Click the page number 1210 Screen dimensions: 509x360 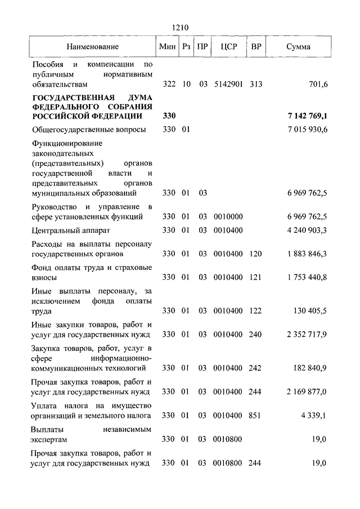(x=181, y=26)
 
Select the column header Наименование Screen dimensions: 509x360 (x=92, y=47)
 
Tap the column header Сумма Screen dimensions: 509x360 (x=298, y=47)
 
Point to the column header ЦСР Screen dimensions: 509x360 (x=228, y=47)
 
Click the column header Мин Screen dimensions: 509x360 (x=168, y=47)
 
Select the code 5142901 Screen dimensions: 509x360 (x=228, y=84)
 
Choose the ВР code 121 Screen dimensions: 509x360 (x=256, y=277)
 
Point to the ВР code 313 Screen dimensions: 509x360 (x=256, y=84)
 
